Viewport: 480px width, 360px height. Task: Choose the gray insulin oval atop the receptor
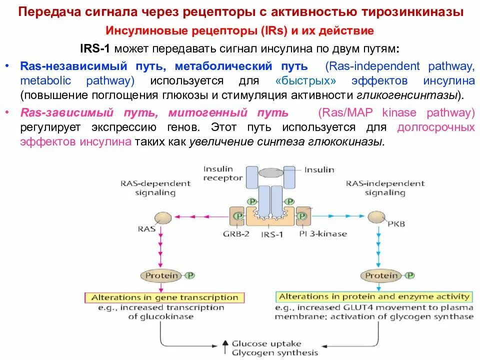coord(272,172)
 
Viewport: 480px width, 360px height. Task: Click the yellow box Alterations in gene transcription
coord(164,297)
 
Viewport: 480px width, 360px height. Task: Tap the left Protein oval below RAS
coord(161,275)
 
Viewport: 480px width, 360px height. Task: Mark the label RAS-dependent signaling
coord(155,187)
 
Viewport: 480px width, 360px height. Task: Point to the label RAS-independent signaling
coord(384,187)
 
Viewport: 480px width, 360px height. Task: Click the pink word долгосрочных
coord(435,127)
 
